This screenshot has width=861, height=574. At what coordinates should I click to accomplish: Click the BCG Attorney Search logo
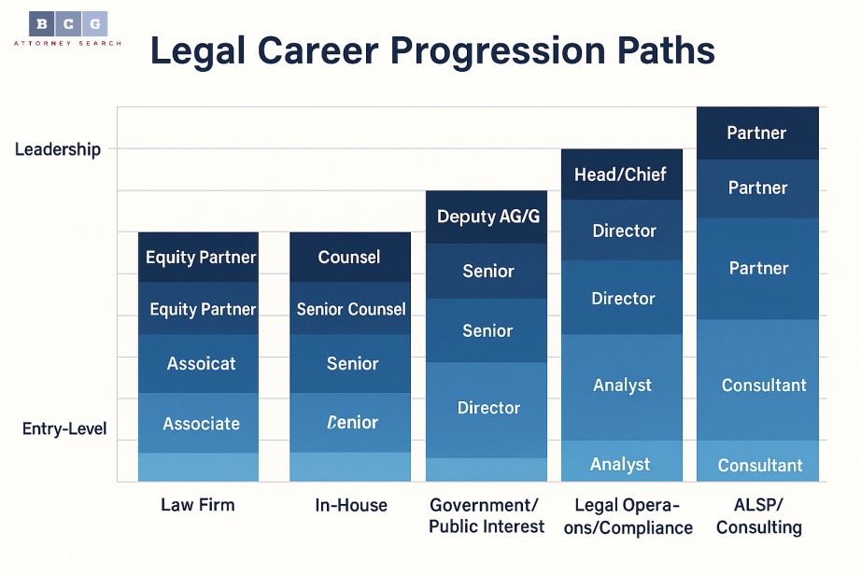[67, 28]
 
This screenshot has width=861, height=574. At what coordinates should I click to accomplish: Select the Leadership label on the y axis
[58, 149]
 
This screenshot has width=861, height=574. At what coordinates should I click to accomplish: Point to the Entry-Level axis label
[64, 429]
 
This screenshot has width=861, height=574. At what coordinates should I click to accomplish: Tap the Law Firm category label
[198, 505]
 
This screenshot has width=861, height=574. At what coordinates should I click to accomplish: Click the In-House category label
[351, 505]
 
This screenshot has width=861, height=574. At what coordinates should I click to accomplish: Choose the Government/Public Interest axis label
[487, 515]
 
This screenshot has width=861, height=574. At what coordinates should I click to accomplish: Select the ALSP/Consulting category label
[759, 515]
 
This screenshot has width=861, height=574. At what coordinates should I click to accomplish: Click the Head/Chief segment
[621, 175]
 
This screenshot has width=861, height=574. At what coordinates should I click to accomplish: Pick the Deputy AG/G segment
[488, 217]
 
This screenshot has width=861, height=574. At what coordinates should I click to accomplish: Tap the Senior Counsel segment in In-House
[351, 309]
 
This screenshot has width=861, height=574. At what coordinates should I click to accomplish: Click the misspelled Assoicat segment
[201, 363]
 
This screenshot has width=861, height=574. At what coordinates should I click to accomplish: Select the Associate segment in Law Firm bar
[201, 424]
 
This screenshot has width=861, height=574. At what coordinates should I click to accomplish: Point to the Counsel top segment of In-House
[349, 257]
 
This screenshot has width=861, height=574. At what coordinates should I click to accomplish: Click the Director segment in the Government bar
[488, 408]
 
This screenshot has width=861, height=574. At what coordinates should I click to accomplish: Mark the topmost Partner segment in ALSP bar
[757, 133]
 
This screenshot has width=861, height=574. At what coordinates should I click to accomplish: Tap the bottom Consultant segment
[759, 465]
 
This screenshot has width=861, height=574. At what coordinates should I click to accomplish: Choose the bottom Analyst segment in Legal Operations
[621, 464]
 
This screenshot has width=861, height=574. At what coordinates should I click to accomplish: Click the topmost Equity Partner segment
[201, 257]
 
